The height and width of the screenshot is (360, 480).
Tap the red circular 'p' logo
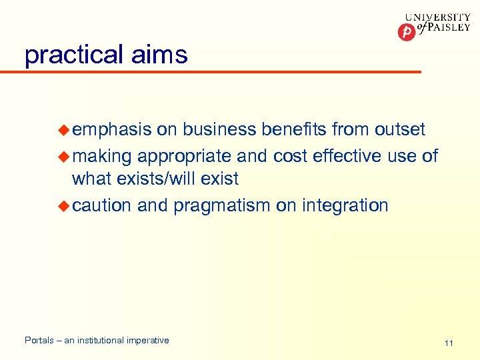(406, 32)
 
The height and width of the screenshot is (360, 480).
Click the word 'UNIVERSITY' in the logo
(437, 18)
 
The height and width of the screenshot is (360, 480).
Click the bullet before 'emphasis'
(64, 129)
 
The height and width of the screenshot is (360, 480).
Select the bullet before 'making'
(64, 156)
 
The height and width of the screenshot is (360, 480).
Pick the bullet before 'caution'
(64, 205)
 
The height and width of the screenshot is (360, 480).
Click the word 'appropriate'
(185, 156)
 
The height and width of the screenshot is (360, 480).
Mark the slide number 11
(449, 343)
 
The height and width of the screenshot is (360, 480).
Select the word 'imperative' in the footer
(147, 341)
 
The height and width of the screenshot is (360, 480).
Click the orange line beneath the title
(220, 71)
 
